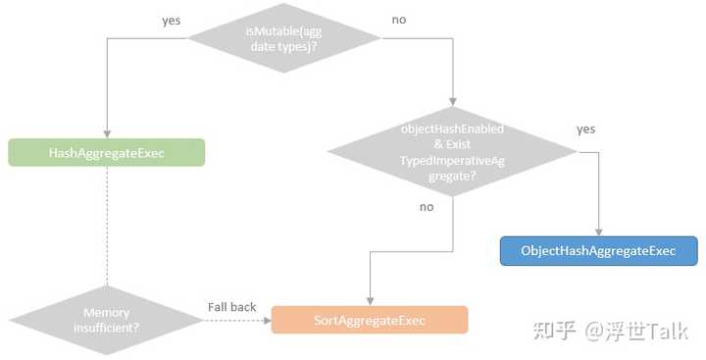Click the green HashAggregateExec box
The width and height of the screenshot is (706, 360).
[x=107, y=153]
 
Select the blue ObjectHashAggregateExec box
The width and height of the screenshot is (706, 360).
[x=599, y=251]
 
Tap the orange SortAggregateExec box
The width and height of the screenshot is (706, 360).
[x=369, y=321]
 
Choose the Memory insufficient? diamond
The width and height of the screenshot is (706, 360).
[x=107, y=320]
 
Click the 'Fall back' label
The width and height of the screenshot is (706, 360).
[x=231, y=307]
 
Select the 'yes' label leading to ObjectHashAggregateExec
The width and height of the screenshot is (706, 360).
[x=585, y=129]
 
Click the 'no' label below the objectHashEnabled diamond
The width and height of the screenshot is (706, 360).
[x=427, y=207]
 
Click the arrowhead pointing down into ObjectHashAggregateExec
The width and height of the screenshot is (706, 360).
[x=599, y=231]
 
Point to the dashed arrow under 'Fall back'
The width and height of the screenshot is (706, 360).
[x=235, y=321]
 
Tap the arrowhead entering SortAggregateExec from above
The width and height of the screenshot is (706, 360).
[x=369, y=301]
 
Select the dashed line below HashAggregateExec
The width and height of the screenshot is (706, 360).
[x=107, y=226]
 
